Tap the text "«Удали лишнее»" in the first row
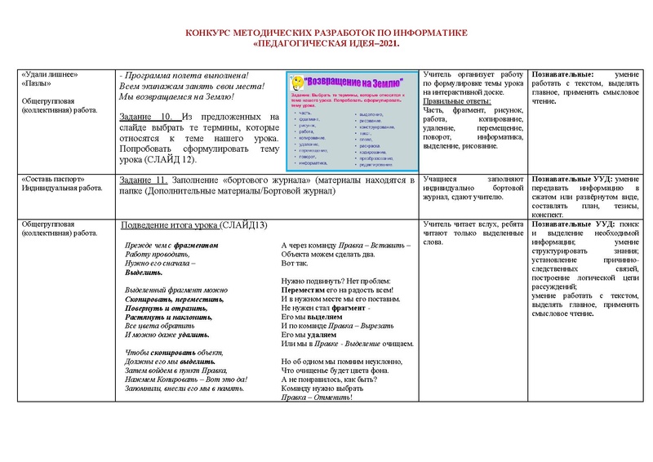click(51, 74)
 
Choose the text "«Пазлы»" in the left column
click(37, 83)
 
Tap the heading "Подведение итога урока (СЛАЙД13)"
click(194, 225)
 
